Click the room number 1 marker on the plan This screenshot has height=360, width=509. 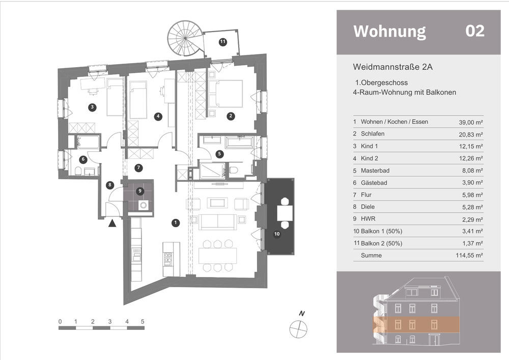tap(176, 223)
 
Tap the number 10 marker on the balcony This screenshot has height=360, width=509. tap(277, 234)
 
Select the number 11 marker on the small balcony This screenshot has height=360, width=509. tap(222, 42)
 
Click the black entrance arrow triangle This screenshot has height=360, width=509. tap(112, 223)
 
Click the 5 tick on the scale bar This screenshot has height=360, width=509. tap(143, 322)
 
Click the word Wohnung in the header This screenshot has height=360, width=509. tap(389, 31)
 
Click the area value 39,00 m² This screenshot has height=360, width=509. tap(471, 122)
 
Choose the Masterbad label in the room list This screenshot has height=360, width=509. tap(375, 171)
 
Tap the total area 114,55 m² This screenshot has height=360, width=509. tap(469, 256)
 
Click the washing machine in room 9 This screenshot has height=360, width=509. tap(144, 205)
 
